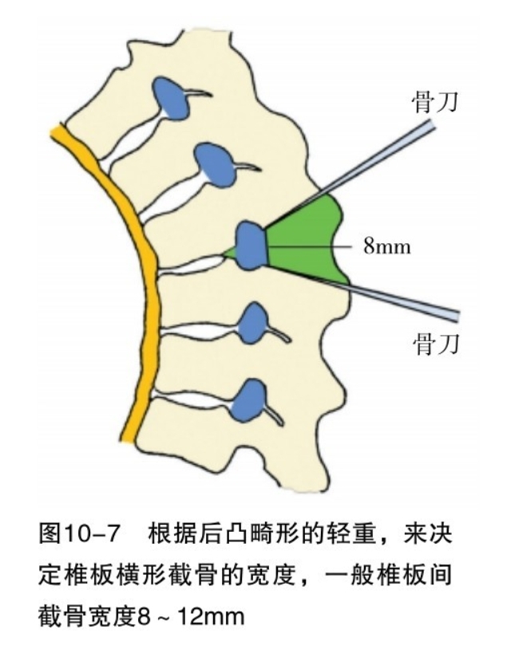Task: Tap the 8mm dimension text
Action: (x=387, y=246)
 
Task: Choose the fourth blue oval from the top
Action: (x=255, y=322)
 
